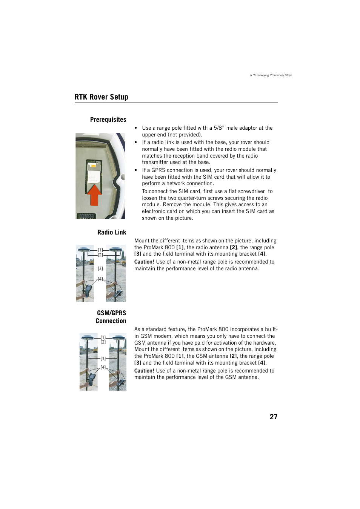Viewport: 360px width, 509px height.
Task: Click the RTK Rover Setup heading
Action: [x=101, y=97]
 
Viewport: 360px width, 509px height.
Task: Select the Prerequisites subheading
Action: [x=108, y=120]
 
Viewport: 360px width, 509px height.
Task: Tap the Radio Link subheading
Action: [x=112, y=232]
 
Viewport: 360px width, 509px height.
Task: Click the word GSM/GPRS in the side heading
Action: [x=111, y=313]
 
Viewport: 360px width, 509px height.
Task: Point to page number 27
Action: [x=273, y=417]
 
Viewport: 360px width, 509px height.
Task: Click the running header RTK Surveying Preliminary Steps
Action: [x=271, y=75]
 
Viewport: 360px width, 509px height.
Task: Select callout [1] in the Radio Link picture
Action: [x=100, y=250]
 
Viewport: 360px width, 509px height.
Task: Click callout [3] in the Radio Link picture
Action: [x=100, y=268]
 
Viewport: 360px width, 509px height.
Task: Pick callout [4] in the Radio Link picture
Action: [x=100, y=279]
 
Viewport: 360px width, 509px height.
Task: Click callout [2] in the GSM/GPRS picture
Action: [x=103, y=342]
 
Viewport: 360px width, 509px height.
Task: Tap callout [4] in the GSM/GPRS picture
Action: [x=103, y=367]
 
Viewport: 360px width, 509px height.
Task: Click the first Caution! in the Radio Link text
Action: [x=144, y=262]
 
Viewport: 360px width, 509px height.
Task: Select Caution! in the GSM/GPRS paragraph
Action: [x=144, y=371]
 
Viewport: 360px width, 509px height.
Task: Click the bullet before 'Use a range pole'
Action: [x=136, y=128]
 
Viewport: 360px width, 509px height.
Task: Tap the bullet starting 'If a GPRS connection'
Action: [x=136, y=170]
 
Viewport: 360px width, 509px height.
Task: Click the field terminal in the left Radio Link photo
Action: [x=88, y=290]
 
